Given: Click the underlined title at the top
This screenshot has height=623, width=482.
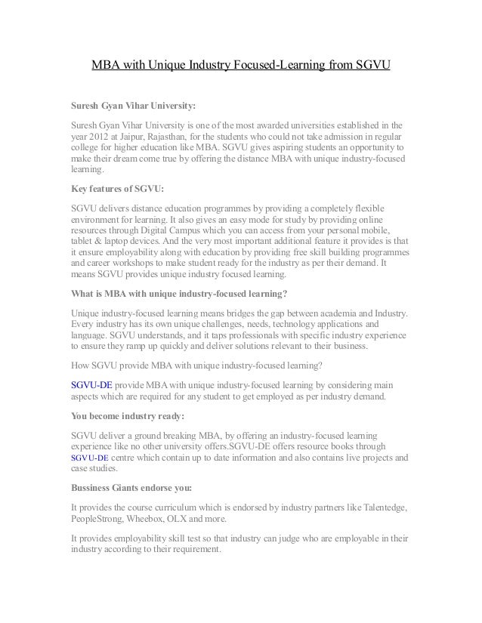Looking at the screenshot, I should pyautogui.click(x=240, y=66).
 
